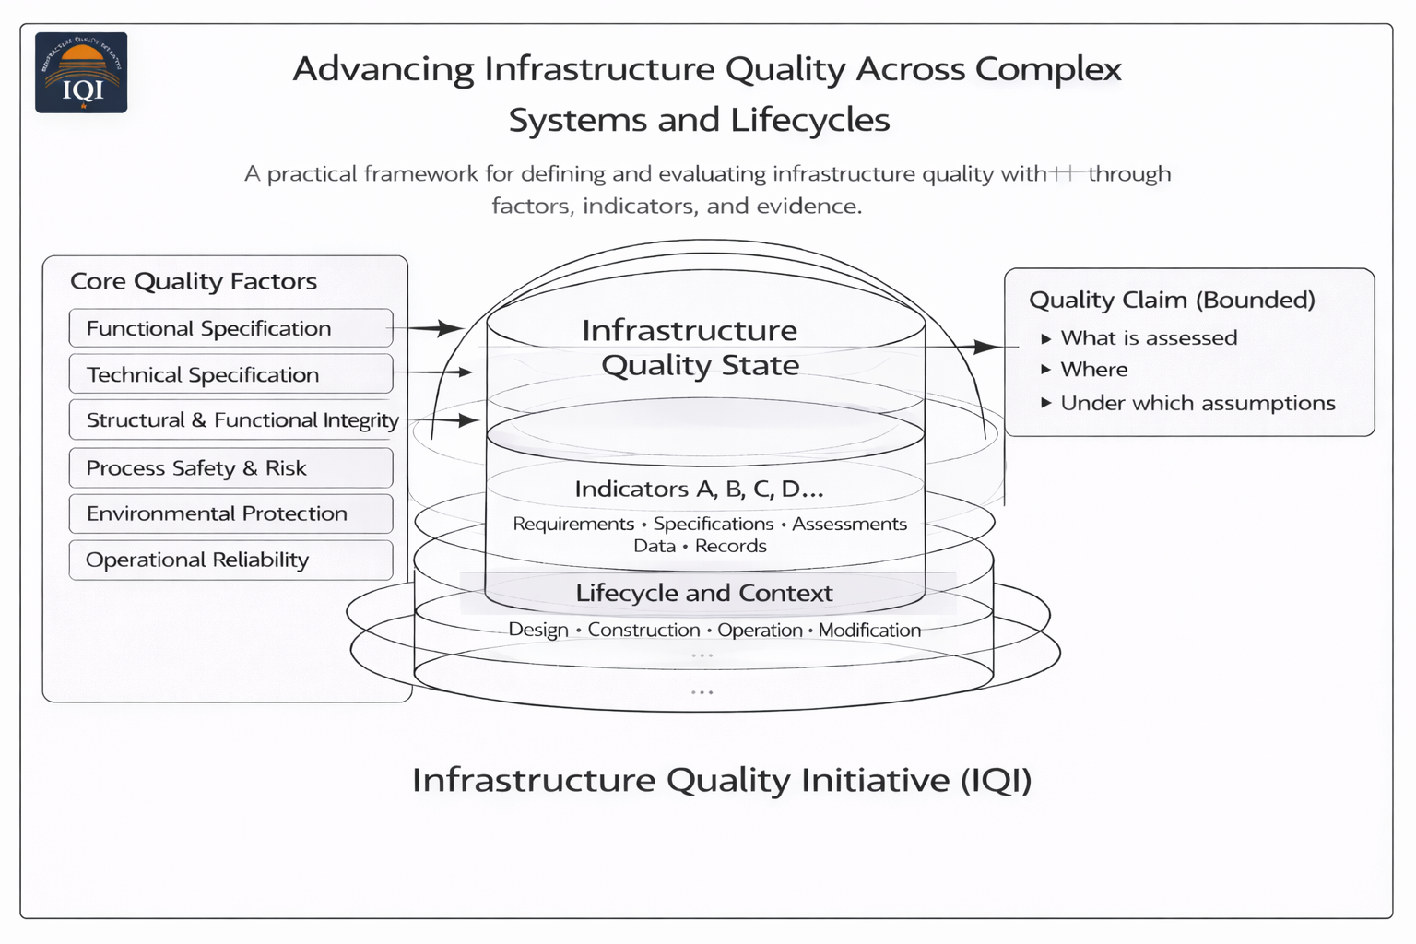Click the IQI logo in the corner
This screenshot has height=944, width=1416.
[x=81, y=73]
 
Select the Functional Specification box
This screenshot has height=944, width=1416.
[x=230, y=328]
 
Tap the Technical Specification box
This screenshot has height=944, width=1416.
[x=230, y=374]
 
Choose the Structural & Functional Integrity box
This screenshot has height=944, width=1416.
[x=235, y=420]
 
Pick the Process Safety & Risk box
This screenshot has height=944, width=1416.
[x=230, y=468]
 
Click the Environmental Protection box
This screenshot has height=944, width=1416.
[x=230, y=513]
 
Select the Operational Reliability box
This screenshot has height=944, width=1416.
[x=230, y=560]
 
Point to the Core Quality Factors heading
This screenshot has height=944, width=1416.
[x=194, y=281]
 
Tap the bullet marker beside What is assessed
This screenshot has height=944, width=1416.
[x=1046, y=338]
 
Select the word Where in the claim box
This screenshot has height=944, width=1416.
[x=1094, y=370]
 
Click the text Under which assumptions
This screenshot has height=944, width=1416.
[x=1198, y=403]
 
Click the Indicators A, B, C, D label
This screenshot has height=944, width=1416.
[x=699, y=489]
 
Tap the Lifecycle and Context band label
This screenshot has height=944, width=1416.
[x=704, y=593]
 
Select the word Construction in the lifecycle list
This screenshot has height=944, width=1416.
[x=643, y=630]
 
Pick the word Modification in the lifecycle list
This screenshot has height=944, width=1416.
[x=869, y=630]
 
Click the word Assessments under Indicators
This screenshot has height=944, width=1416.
[x=849, y=524]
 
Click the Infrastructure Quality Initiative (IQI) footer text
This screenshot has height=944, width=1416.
[x=722, y=780]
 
